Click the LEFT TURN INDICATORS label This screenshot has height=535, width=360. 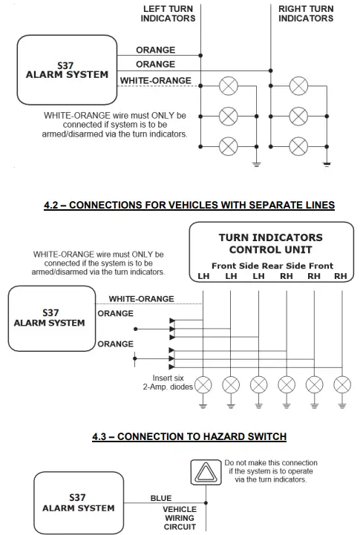click(x=168, y=13)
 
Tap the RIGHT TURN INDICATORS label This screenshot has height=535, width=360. click(x=307, y=13)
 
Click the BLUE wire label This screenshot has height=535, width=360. click(x=161, y=498)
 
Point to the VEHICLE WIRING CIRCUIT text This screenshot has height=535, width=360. click(x=179, y=518)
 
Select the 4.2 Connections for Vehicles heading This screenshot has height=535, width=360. click(x=189, y=205)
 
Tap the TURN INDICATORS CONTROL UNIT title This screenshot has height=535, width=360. click(x=271, y=243)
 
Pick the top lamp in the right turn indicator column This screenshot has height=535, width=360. click(x=298, y=85)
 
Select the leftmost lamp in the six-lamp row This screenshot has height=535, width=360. click(x=203, y=384)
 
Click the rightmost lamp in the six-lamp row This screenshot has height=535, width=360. click(x=341, y=384)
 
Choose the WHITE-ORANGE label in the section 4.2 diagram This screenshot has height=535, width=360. click(x=141, y=298)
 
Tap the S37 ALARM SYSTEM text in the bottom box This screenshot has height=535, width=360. click(x=78, y=502)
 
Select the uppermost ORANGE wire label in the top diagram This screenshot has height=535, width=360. click(x=156, y=50)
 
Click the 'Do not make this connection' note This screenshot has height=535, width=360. click(x=272, y=471)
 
